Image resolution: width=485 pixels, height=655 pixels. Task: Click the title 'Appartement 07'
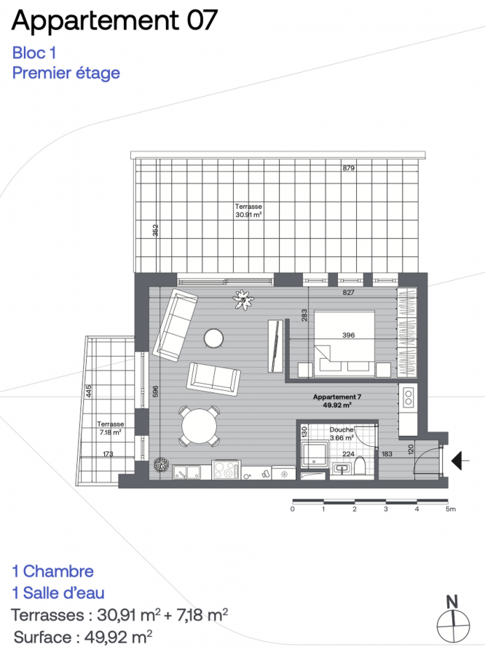tap(114, 20)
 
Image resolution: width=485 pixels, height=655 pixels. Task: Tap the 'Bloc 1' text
tap(34, 53)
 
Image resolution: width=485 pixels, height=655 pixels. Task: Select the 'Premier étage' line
tap(66, 73)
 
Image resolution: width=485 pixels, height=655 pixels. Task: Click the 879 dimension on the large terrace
tap(348, 168)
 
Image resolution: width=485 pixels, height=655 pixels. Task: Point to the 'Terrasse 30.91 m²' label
tap(248, 211)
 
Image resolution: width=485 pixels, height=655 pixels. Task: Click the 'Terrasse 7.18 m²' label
tap(111, 428)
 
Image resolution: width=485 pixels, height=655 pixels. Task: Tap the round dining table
tap(200, 426)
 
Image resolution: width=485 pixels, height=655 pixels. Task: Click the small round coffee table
tap(213, 338)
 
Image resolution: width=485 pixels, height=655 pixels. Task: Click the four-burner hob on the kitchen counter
tap(226, 469)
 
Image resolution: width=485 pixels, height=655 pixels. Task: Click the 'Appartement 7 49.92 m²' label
tap(337, 400)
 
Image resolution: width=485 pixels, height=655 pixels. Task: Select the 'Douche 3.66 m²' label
tap(342, 434)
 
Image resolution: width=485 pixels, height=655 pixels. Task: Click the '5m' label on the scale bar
tap(450, 509)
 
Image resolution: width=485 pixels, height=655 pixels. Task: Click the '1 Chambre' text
tap(53, 571)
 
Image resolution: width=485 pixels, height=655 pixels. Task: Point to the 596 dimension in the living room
tap(156, 391)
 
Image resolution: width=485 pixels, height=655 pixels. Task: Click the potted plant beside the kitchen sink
tap(160, 465)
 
